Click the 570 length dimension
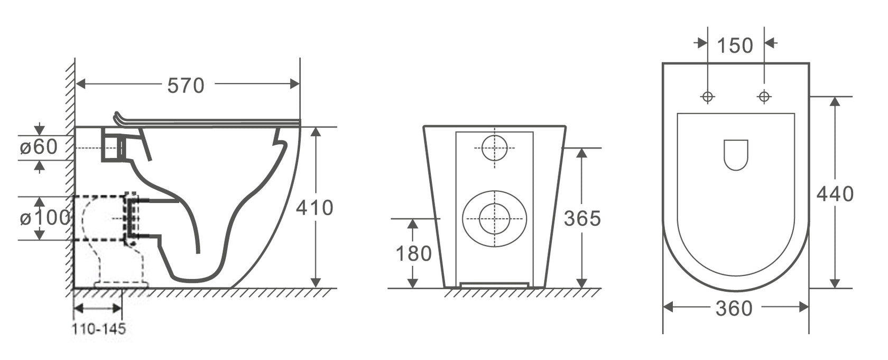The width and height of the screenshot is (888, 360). (186, 85)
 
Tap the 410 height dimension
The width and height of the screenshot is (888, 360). (314, 207)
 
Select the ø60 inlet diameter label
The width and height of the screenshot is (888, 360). (39, 147)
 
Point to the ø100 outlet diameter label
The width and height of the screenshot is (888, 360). (45, 218)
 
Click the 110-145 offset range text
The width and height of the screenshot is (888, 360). (99, 329)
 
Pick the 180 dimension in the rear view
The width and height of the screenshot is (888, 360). (413, 253)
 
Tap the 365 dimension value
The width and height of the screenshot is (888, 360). (582, 218)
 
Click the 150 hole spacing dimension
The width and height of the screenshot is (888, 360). (735, 45)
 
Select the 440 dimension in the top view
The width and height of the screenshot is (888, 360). (835, 195)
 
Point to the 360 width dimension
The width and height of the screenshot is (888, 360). (734, 309)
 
